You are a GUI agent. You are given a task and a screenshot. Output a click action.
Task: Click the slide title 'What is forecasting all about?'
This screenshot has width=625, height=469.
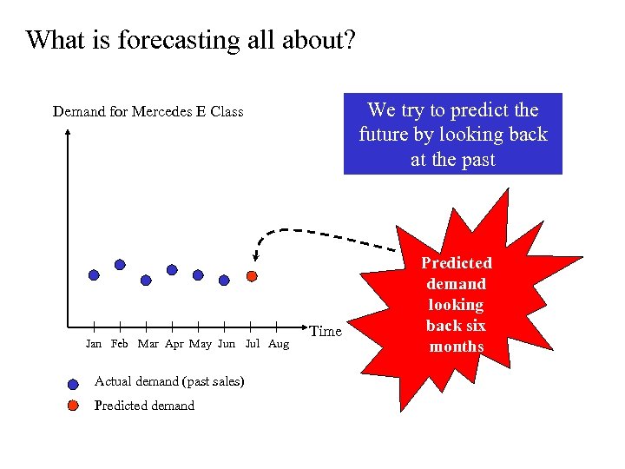pos(191,40)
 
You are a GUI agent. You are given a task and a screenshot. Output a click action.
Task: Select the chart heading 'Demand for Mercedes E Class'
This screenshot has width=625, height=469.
pos(148,111)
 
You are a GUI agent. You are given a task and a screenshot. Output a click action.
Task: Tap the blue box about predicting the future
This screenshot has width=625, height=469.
pos(452,134)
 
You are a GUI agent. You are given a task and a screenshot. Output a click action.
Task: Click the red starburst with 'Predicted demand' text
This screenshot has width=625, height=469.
pos(456,304)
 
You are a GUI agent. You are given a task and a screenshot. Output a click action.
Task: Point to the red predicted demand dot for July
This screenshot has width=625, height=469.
pos(252,276)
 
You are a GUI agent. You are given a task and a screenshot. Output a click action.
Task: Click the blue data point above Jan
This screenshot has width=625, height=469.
pos(94,274)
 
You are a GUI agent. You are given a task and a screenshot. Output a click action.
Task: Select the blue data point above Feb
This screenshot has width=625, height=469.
pos(120,264)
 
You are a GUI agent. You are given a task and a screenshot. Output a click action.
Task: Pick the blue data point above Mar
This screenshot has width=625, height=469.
pos(146,281)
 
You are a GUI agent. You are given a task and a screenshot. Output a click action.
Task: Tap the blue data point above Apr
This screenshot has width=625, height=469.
pos(172,269)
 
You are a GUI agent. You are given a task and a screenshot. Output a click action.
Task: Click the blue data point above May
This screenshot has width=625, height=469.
pos(198,274)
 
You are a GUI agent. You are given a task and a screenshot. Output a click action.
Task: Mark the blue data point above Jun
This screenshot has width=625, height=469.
pos(224,281)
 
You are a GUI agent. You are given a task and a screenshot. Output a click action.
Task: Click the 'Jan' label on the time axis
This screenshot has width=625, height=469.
pos(94,344)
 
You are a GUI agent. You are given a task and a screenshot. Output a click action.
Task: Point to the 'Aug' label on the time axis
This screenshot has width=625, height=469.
pos(279,344)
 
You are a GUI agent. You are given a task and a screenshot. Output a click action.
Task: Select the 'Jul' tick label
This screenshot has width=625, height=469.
pos(253,344)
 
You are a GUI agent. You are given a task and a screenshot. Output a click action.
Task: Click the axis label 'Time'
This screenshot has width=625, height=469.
pos(326,331)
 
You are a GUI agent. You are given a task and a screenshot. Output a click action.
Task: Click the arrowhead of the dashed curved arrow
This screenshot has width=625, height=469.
pos(255,257)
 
